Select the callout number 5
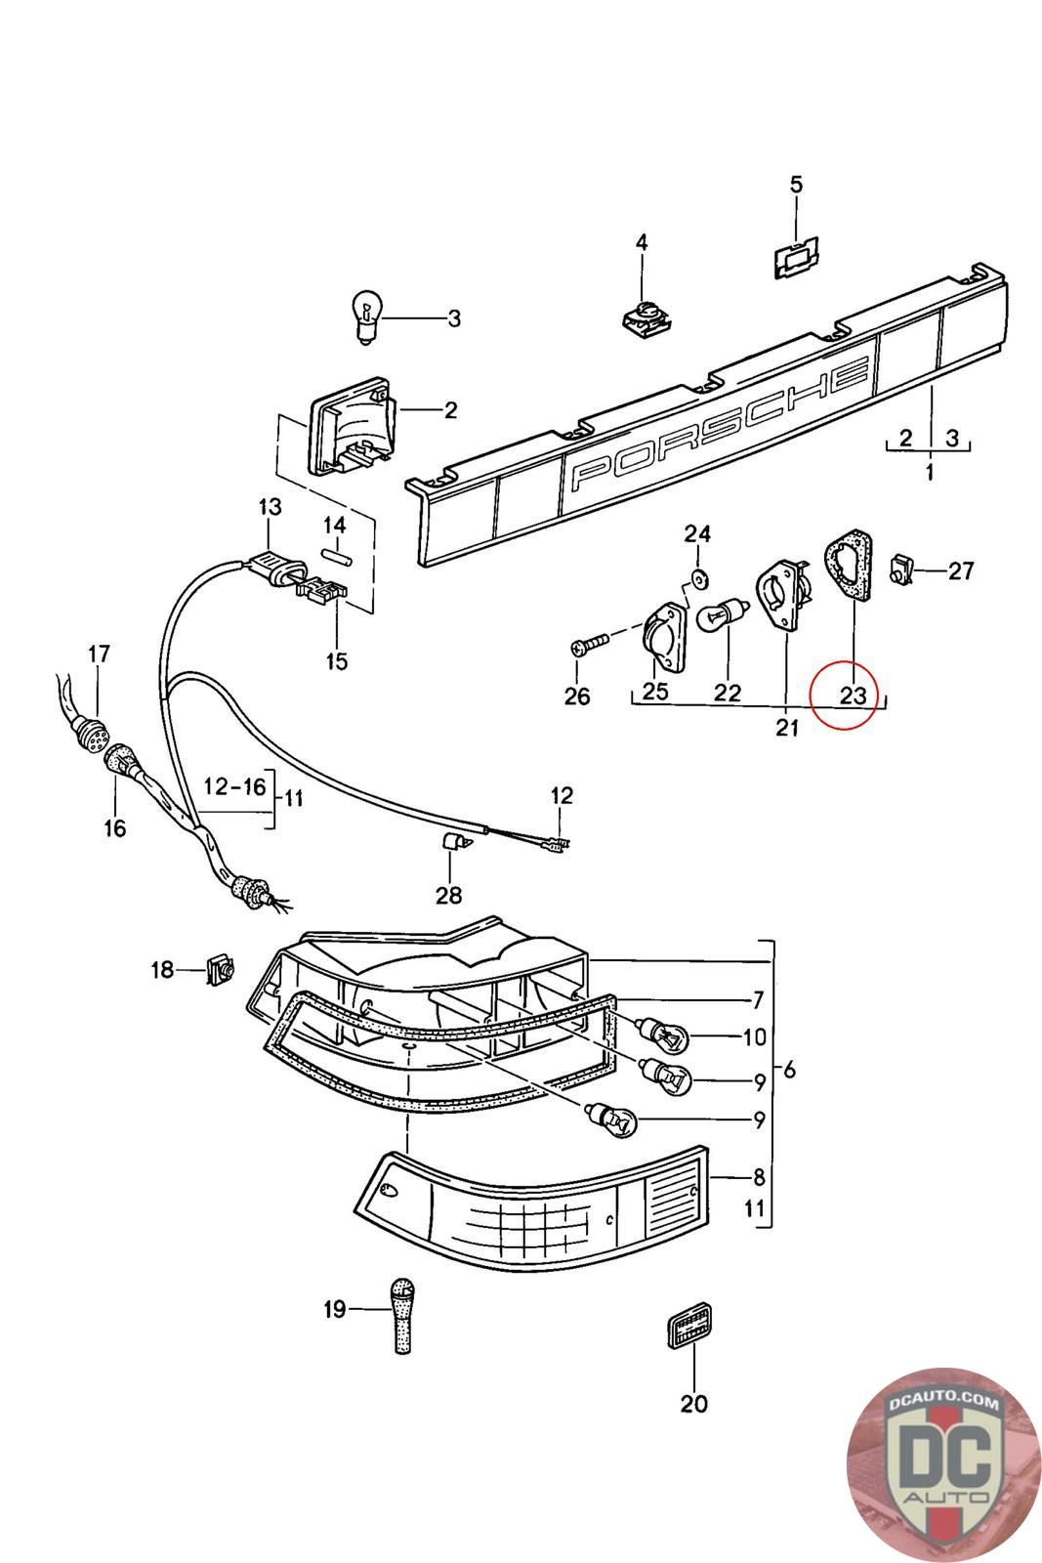click(796, 185)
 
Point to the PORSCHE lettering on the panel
click(721, 423)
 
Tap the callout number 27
click(962, 570)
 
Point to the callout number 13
click(270, 507)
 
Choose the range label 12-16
click(234, 786)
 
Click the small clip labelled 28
click(451, 842)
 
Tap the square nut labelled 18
click(219, 970)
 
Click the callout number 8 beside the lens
click(759, 1177)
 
